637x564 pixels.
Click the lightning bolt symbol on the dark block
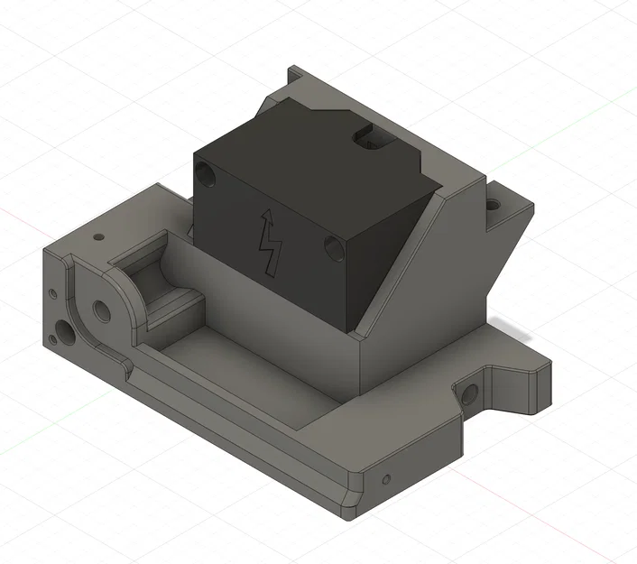pyautogui.click(x=269, y=242)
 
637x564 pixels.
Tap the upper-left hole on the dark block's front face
pyautogui.click(x=208, y=171)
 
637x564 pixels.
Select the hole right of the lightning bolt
pyautogui.click(x=331, y=245)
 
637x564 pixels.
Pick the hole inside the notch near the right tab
pyautogui.click(x=469, y=393)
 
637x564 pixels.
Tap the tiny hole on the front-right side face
pyautogui.click(x=387, y=478)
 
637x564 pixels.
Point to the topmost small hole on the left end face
pyautogui.click(x=53, y=293)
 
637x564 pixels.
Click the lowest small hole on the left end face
pyautogui.click(x=53, y=339)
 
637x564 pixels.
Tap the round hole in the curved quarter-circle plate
pyautogui.click(x=101, y=310)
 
